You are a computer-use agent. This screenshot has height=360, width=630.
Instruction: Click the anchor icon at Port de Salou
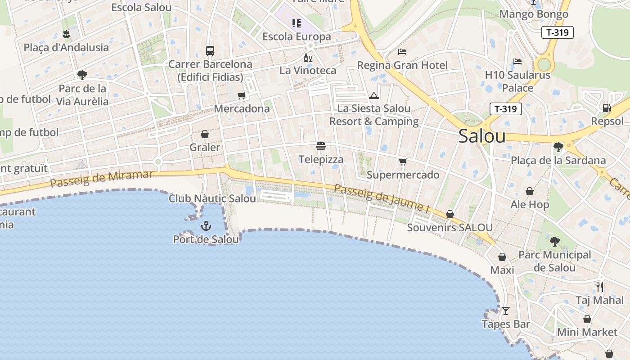coord(206,225)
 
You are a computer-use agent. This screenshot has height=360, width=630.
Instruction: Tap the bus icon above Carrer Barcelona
coord(210,50)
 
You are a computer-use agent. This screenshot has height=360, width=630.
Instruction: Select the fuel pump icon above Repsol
coord(607,108)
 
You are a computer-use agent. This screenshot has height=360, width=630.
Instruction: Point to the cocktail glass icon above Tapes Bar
coord(506,310)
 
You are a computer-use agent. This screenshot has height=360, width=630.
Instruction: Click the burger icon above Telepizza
coord(321,146)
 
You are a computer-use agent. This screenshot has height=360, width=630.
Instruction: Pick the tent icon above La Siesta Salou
coord(373,95)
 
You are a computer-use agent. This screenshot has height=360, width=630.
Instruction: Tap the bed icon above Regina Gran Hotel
coord(402,52)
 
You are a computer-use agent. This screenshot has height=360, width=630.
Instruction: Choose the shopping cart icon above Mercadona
coord(242,95)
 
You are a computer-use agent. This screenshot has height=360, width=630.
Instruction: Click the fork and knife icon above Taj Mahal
coord(600,287)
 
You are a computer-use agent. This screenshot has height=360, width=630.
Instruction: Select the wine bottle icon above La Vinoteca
coord(308,58)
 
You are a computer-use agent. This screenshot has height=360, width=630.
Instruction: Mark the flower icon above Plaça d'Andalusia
coord(66,34)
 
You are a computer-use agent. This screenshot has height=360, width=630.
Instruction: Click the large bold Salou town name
coord(482,136)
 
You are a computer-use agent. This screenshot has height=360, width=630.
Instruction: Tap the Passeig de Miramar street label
coord(102,179)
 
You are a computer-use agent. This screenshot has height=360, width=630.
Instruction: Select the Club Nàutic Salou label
coord(212,198)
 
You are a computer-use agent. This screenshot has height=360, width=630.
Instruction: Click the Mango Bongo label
coord(534,14)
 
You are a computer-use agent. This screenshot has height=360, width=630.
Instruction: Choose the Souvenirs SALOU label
coord(450,228)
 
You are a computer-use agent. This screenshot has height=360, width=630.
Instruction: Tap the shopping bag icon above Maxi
coord(502,257)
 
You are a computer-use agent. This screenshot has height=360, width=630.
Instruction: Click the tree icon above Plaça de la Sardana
coord(558,147)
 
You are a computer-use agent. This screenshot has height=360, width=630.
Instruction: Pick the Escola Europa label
coord(297,36)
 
